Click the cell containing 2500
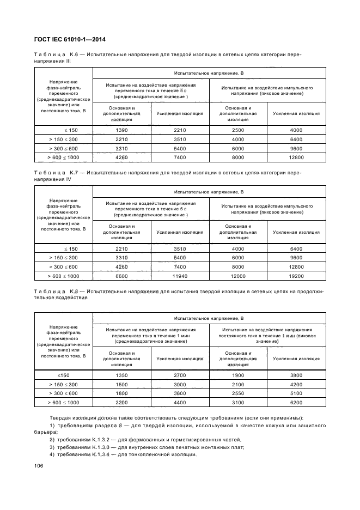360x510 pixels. point(238,130)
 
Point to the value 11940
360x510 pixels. point(180,276)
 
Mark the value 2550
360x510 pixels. point(238,393)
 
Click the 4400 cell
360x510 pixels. point(180,402)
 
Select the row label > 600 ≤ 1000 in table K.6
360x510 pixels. point(64,157)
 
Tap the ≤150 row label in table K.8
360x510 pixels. point(64,375)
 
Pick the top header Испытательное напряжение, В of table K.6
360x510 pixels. point(209,72)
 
